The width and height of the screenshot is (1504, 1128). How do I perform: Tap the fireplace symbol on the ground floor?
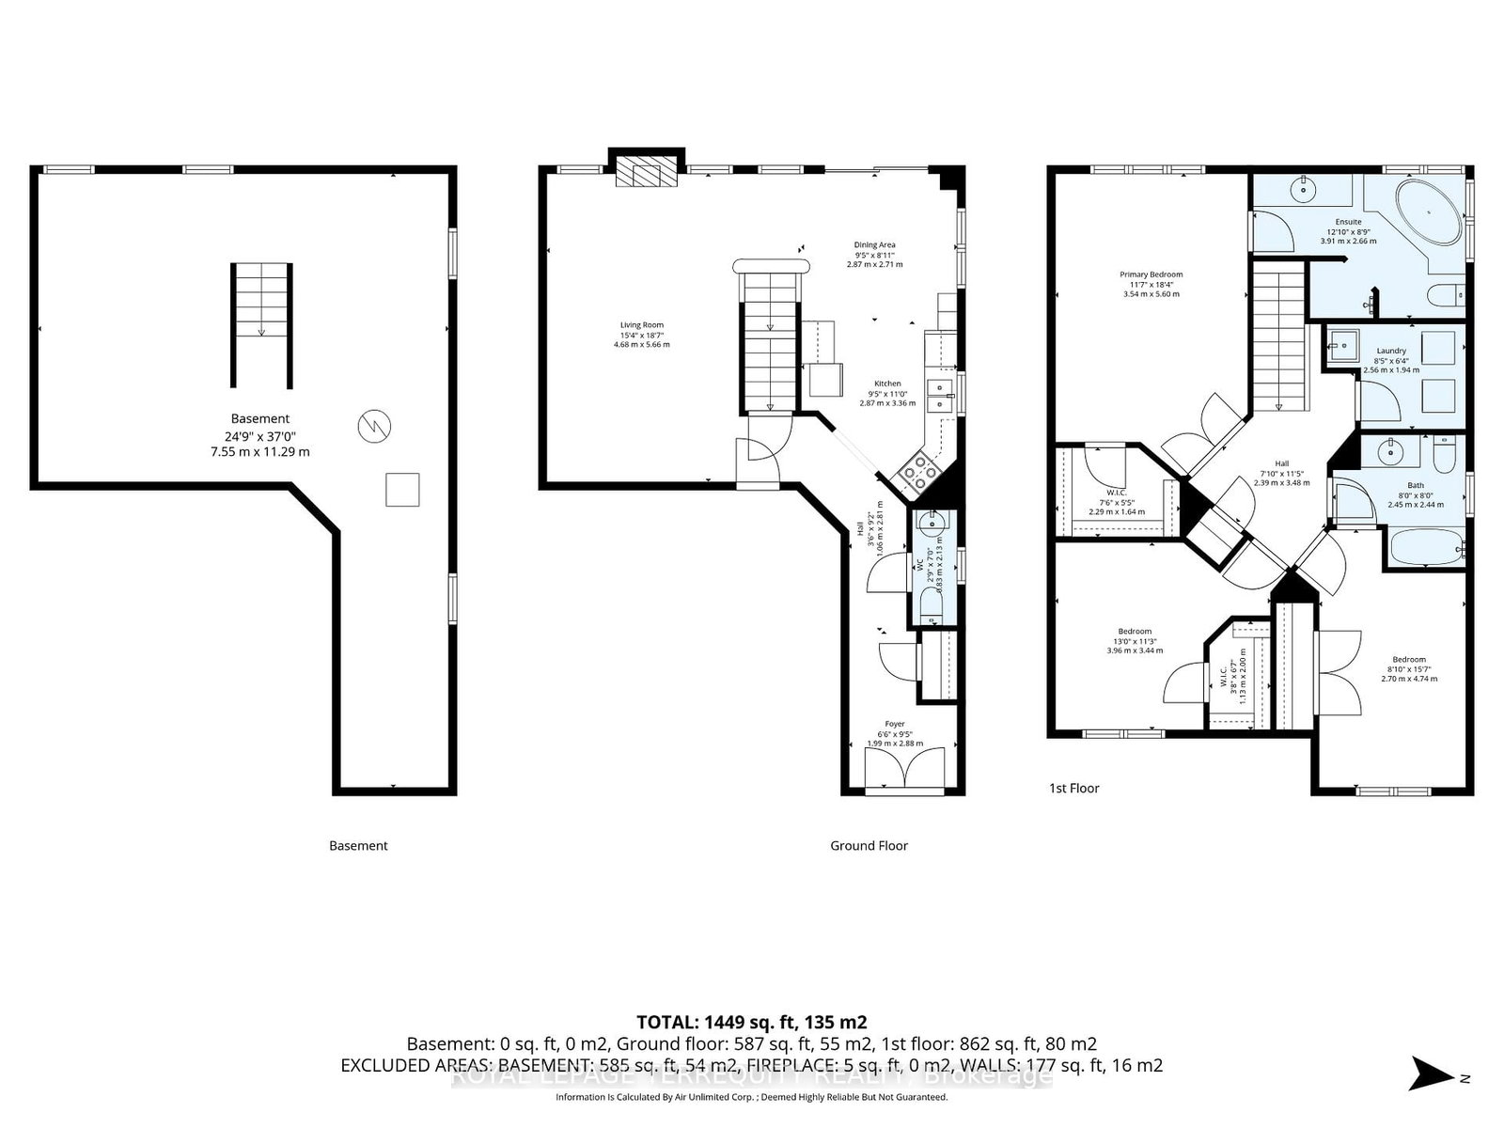coord(646,172)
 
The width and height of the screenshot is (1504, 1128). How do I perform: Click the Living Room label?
coord(641,335)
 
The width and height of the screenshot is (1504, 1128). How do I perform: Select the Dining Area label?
coord(874,254)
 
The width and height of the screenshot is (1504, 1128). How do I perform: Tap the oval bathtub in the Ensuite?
coord(1429,213)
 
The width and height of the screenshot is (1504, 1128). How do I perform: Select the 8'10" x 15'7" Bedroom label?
coord(1409,668)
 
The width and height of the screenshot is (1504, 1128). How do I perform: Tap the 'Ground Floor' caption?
coord(869,846)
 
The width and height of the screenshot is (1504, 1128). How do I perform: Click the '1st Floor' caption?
coord(1074,789)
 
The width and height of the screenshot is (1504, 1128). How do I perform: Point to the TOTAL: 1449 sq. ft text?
coord(751,1022)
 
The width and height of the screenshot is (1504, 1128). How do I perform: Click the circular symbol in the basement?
coord(373,429)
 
